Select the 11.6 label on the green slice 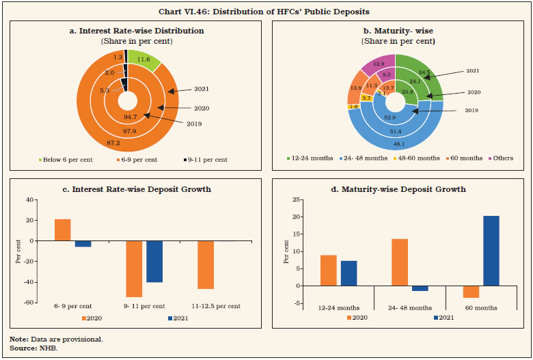point(143,60)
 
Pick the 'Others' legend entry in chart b point(503,158)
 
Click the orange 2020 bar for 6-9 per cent point(62,230)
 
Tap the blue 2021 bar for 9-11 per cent point(154,262)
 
